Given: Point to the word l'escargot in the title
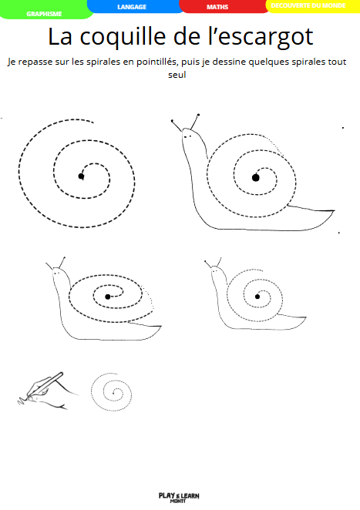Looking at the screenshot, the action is tap(261, 38).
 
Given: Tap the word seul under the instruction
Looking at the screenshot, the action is tap(177, 75).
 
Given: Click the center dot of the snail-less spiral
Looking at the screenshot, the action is tap(81, 176).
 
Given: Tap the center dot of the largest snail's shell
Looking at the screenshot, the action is tap(255, 177).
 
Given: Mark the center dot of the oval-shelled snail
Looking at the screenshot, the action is tap(108, 297).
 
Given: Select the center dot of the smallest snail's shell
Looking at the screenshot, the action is tap(257, 297).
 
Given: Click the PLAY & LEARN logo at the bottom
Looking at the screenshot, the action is tap(179, 497).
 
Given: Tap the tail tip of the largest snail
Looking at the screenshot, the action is tap(335, 211).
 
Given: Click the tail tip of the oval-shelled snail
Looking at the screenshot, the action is tap(161, 326).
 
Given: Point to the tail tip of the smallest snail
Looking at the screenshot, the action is tap(306, 317).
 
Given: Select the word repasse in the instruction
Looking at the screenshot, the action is tap(35, 62).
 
